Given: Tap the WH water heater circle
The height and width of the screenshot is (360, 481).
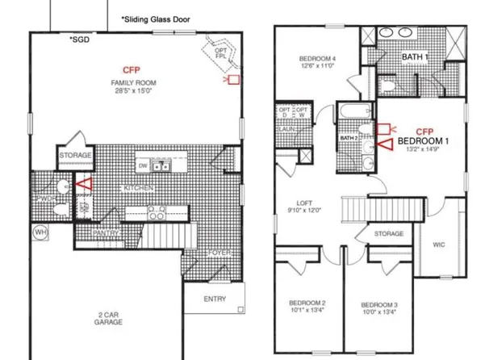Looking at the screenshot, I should [39, 232].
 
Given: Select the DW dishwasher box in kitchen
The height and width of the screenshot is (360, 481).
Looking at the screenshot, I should [143, 165].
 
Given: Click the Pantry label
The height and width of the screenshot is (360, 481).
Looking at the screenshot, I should [106, 234].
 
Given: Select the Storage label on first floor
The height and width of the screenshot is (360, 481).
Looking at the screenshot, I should [75, 155].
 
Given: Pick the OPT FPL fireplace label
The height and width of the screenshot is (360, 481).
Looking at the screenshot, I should [220, 53].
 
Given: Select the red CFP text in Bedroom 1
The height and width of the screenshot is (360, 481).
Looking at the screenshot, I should [425, 131].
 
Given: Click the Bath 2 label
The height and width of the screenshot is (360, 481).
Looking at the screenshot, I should [349, 139].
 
